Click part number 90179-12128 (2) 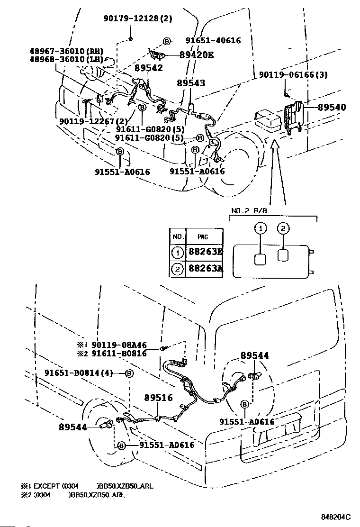138,18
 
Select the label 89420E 197,55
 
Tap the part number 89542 149,68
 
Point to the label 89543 191,83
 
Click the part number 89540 332,107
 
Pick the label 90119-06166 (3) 293,74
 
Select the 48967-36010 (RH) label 66,51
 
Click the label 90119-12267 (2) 94,121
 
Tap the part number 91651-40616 213,41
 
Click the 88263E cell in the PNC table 206,251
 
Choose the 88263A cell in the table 206,269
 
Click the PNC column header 203,237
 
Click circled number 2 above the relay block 283,228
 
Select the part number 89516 159,398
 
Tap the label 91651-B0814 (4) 79,373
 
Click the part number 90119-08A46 119,345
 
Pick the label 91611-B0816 119,353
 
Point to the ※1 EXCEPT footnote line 87,486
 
